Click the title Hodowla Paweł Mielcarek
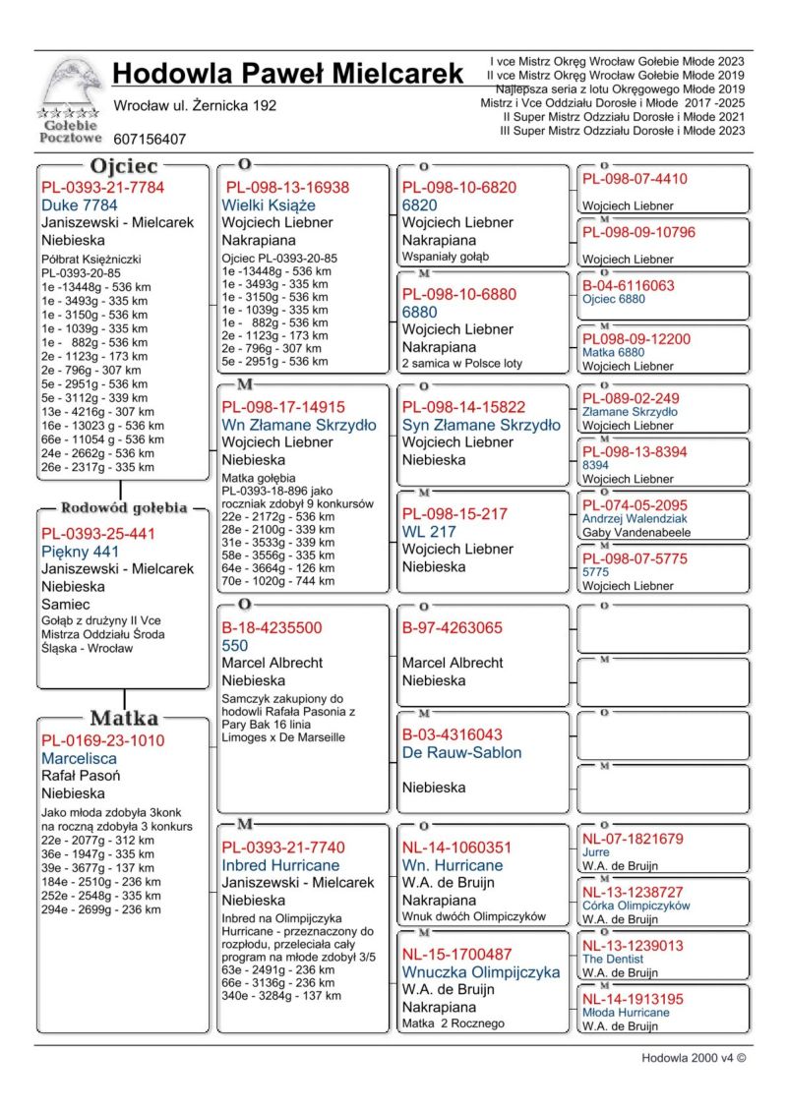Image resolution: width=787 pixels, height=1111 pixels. [x=287, y=74]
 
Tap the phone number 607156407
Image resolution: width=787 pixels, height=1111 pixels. [x=150, y=140]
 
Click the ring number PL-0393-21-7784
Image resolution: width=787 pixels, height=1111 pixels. [x=102, y=187]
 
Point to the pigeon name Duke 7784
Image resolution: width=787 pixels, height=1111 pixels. [x=80, y=205]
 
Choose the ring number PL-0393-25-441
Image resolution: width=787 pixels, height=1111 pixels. [x=98, y=533]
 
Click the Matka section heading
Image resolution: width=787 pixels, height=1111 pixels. [x=124, y=718]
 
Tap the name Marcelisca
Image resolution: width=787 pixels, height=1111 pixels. [x=79, y=758]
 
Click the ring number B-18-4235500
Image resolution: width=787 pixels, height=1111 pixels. [x=272, y=627]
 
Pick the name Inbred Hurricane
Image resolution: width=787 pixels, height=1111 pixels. [x=280, y=865]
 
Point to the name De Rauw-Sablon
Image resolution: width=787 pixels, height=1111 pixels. [x=461, y=752]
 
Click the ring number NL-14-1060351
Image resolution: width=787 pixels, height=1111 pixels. [x=456, y=847]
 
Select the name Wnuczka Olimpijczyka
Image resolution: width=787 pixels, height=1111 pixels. [x=480, y=971]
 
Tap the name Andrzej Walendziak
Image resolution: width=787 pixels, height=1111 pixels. [x=635, y=518]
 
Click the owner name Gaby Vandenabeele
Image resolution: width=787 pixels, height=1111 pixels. [x=636, y=533]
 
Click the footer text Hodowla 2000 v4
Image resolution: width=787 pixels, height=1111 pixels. [x=693, y=1059]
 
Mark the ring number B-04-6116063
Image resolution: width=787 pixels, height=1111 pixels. [x=628, y=286]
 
